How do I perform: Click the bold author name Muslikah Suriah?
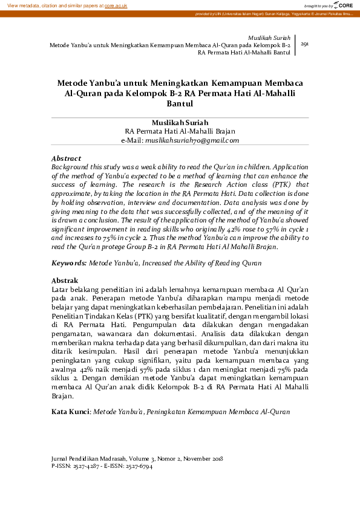(180, 123)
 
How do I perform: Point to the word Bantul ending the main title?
(180, 104)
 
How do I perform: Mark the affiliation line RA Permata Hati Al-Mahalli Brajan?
(180, 131)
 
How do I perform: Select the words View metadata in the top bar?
(22, 5)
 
